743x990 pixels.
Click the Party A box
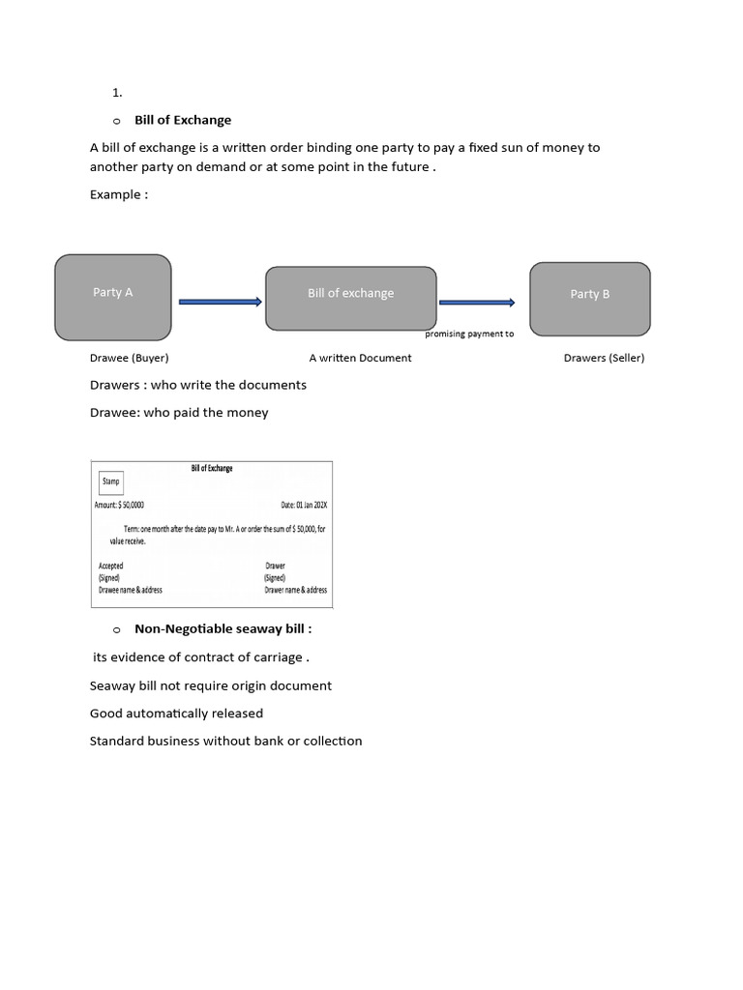click(113, 297)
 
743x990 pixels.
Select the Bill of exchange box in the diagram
click(350, 298)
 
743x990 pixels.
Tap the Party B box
click(589, 299)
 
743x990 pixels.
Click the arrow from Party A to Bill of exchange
click(220, 303)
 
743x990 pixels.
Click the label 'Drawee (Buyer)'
click(129, 358)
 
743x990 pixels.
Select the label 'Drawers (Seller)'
click(604, 358)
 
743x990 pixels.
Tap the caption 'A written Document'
click(360, 358)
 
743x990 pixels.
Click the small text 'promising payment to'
click(469, 335)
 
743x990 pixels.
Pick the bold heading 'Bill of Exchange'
click(183, 120)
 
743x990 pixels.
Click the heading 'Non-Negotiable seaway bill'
click(223, 628)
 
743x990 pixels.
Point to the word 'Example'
click(118, 194)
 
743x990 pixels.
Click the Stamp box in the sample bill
click(111, 481)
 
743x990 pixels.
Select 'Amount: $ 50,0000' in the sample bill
click(120, 505)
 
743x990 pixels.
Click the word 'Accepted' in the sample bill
click(111, 566)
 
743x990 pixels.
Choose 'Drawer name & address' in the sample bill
click(295, 590)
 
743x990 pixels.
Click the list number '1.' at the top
click(117, 93)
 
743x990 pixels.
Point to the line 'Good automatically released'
click(176, 713)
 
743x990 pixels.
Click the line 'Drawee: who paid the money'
click(179, 413)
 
